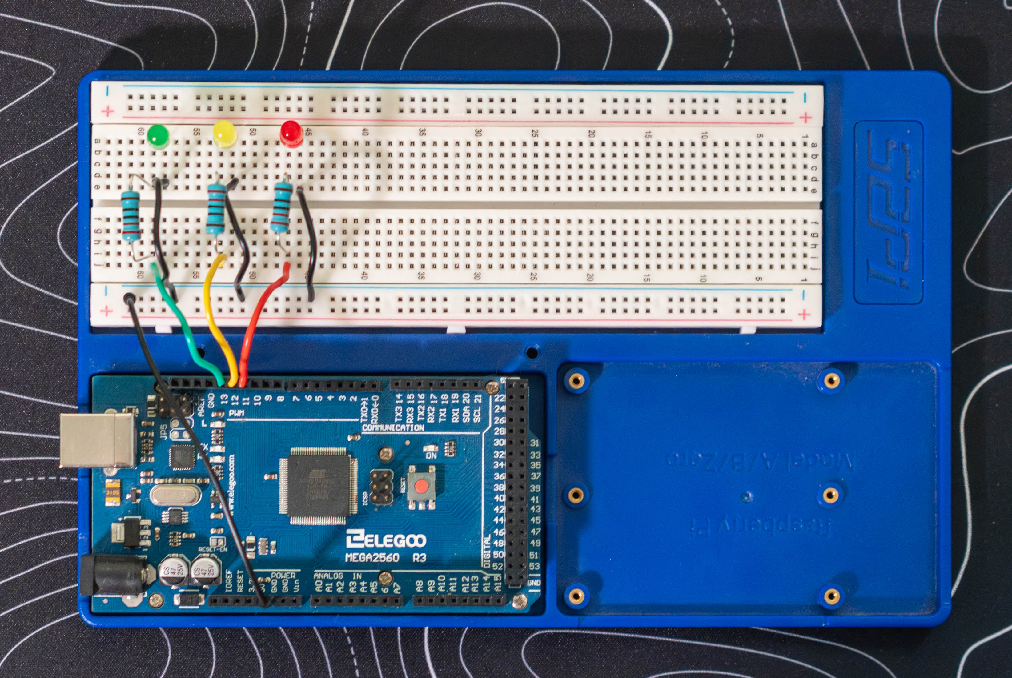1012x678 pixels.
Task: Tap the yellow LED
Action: [x=224, y=133]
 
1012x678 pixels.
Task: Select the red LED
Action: [x=291, y=132]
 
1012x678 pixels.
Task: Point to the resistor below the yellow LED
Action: [x=216, y=209]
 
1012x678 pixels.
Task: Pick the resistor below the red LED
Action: [x=281, y=207]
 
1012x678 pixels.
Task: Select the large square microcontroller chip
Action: [x=319, y=486]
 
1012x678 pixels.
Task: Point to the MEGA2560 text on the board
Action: [x=372, y=558]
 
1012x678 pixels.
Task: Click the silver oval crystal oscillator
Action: [x=175, y=495]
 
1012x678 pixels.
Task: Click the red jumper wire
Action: [x=255, y=320]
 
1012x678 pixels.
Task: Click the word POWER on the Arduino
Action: [x=283, y=575]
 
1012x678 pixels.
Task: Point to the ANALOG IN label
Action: [x=338, y=576]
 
